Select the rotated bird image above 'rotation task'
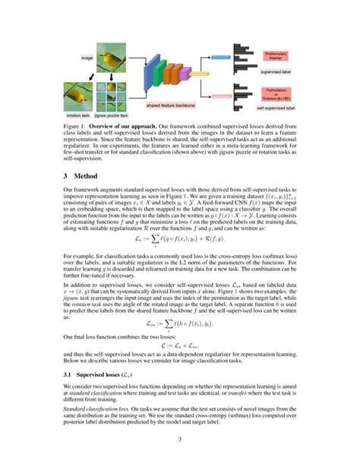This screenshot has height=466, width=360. tap(77, 97)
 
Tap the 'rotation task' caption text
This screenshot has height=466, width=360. tap(77, 116)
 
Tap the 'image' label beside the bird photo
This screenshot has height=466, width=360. tap(87, 58)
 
